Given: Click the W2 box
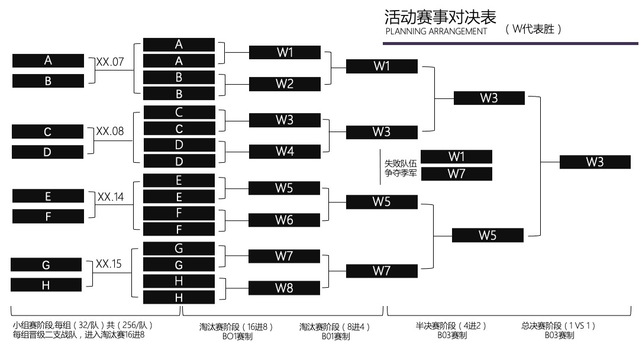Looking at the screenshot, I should tap(285, 83).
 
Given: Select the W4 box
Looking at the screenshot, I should tap(285, 151).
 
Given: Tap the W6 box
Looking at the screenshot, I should tap(284, 220).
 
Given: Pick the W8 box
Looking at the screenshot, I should tap(284, 288).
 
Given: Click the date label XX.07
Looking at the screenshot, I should tap(110, 60).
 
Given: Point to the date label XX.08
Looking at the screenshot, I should tap(110, 131).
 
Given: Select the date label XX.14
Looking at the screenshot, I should tap(111, 197).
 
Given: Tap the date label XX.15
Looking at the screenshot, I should tap(109, 264).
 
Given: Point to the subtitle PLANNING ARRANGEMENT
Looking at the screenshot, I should tap(436, 31).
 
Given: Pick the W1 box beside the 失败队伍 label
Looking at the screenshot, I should tap(456, 156).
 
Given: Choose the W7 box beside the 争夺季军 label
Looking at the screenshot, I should tap(456, 173).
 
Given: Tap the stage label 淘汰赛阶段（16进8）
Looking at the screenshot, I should tap(235, 326).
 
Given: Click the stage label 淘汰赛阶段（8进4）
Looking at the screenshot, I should tap(335, 326).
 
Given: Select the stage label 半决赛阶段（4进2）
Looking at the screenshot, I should tap(452, 325).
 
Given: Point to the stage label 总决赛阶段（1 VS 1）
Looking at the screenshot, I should tap(559, 325).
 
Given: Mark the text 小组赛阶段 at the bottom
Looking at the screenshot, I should tap(32, 325).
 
